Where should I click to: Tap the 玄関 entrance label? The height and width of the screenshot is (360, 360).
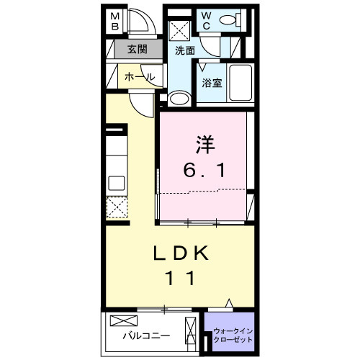pos(138,50)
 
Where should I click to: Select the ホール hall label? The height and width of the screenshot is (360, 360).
pos(139,76)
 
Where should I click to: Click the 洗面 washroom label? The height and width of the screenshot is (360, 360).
pos(185,50)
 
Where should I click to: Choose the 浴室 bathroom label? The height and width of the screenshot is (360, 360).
pos(211,83)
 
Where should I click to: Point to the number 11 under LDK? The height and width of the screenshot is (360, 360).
pos(181,278)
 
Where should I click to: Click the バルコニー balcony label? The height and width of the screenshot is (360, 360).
pos(145,336)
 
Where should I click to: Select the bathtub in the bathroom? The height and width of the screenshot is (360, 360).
pos(240,85)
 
